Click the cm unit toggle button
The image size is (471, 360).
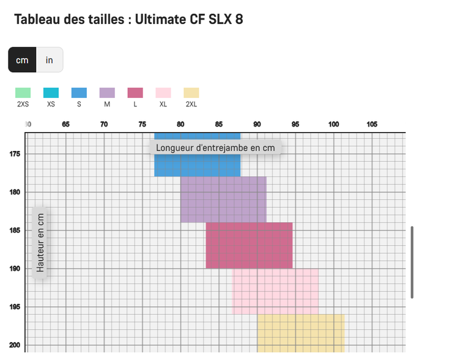(x=22, y=60)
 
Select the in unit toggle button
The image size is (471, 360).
(x=50, y=60)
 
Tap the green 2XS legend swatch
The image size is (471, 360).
(x=23, y=93)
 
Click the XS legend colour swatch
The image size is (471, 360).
(x=51, y=93)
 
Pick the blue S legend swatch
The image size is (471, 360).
(x=79, y=93)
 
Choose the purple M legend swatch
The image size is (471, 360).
(x=107, y=93)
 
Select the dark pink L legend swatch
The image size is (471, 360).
(x=135, y=93)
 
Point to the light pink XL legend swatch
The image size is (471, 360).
(x=163, y=93)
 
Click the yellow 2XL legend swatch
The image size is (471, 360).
(x=191, y=93)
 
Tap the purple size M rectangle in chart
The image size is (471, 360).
(x=223, y=199)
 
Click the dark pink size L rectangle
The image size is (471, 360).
(x=249, y=245)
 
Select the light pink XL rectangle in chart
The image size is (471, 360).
(x=275, y=291)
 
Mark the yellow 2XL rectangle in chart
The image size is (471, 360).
(x=300, y=332)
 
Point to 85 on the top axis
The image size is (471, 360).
(x=219, y=125)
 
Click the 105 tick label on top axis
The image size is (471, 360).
(x=372, y=125)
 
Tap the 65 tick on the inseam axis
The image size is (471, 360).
(x=66, y=125)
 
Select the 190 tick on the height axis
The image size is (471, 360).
(x=15, y=269)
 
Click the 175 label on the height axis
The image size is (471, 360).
(x=15, y=154)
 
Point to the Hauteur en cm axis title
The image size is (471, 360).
(x=40, y=243)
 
